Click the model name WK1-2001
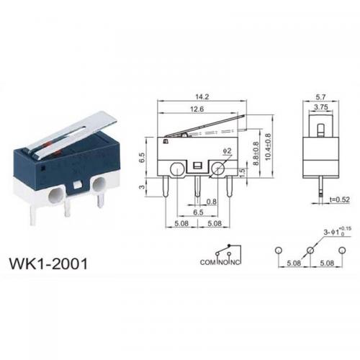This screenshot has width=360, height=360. [48, 264]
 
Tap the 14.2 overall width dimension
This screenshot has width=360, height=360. [202, 96]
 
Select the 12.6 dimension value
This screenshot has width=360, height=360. [197, 109]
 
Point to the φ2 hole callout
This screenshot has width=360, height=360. [227, 150]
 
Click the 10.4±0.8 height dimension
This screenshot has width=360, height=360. [268, 147]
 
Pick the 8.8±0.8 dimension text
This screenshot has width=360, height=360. [256, 153]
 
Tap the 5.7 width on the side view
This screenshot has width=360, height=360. [320, 97]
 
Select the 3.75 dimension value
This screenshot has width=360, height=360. [321, 107]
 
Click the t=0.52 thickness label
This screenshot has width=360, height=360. [339, 199]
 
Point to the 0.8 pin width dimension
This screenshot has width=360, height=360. [212, 202]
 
